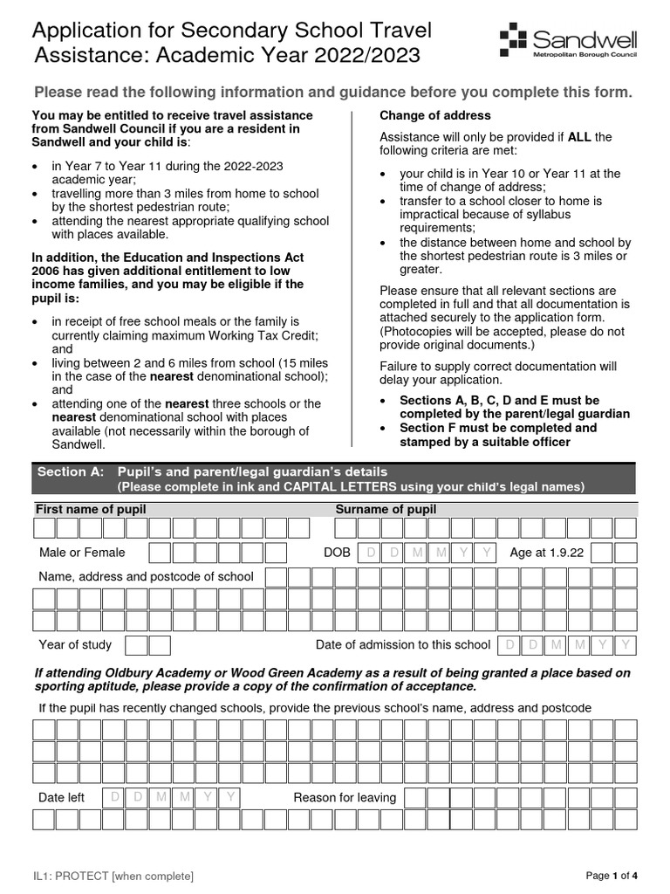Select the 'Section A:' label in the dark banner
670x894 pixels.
(x=70, y=471)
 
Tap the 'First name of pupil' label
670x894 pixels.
(x=91, y=509)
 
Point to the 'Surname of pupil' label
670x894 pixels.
(x=386, y=509)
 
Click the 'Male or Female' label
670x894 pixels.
(x=82, y=552)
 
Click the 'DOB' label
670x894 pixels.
(x=337, y=552)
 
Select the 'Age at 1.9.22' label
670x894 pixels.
(x=547, y=552)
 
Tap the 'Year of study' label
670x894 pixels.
(x=75, y=644)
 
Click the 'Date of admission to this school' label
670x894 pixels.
(x=403, y=644)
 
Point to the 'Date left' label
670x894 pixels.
(x=61, y=797)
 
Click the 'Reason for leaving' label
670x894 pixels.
(x=345, y=797)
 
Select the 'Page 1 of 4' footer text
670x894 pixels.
(x=612, y=876)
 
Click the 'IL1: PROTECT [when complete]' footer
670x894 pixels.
(x=113, y=876)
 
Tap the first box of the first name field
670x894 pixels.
(x=44, y=528)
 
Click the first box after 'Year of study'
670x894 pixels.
(x=137, y=645)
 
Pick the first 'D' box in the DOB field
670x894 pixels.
(x=370, y=552)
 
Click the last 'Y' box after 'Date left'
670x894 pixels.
(x=229, y=797)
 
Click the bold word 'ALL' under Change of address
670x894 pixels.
(x=580, y=136)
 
